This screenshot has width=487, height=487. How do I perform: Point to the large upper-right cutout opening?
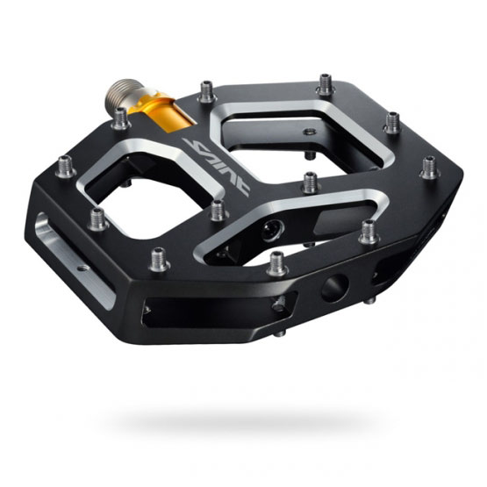pyautogui.click(x=298, y=140)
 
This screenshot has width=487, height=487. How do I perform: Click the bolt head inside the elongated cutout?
pyautogui.click(x=272, y=231)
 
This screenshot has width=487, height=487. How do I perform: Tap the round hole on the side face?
pyautogui.click(x=335, y=288)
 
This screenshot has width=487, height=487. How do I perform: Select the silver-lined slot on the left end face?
pyautogui.click(x=74, y=261)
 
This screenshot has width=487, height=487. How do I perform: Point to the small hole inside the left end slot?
pyautogui.click(x=82, y=268)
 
